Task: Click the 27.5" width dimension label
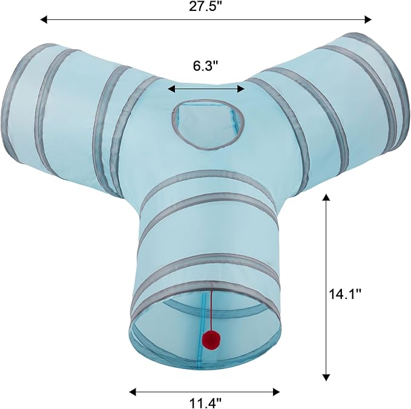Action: pos(206,6)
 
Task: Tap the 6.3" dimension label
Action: pos(206,66)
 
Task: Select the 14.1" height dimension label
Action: pos(345,294)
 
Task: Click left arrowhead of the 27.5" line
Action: pos(44,19)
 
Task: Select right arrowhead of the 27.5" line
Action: pos(368,19)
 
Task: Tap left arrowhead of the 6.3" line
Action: pos(171,89)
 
